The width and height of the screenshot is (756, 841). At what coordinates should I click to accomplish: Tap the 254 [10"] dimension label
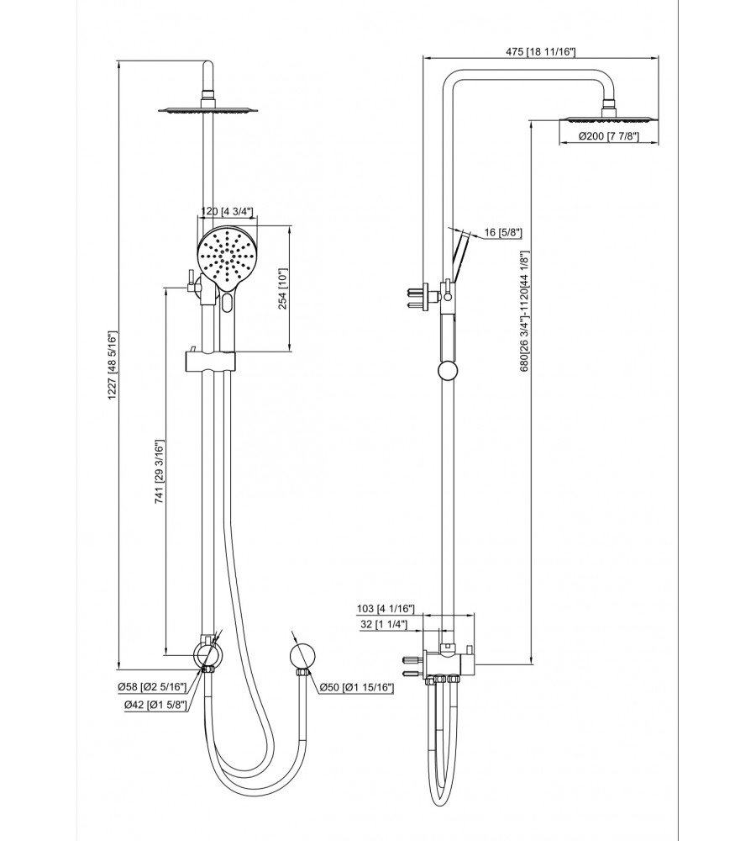point(283,288)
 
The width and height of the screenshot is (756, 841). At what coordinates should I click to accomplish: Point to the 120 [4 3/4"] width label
point(228,213)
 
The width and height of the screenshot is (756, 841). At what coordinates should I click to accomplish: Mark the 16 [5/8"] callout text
point(504,233)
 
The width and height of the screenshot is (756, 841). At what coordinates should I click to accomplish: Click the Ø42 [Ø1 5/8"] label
point(150,705)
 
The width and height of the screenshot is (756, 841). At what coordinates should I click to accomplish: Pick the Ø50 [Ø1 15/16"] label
point(356,688)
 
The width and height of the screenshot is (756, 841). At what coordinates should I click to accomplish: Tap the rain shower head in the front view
point(206,110)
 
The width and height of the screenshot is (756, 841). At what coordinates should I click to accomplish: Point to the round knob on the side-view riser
point(448,371)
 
